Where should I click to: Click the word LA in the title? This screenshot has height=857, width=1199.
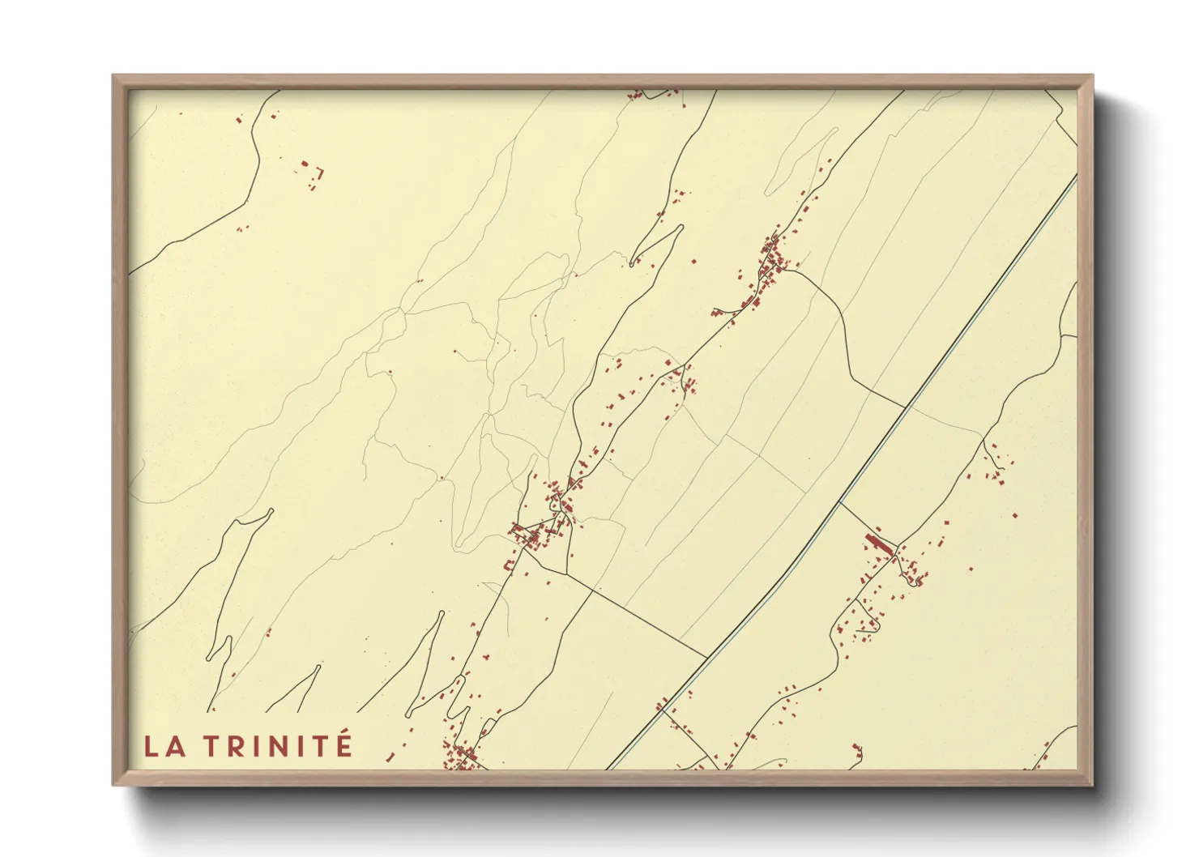coord(164,745)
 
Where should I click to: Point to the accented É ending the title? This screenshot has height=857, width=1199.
coord(343,744)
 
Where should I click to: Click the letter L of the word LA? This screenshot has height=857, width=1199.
coord(151,745)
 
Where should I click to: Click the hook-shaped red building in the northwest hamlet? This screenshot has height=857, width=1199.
coord(320,172)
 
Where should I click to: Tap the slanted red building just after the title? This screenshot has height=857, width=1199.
coord(390,757)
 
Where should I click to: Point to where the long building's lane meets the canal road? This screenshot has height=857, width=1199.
coord(839,502)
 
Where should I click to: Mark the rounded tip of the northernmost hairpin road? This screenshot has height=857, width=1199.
coord(679,228)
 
